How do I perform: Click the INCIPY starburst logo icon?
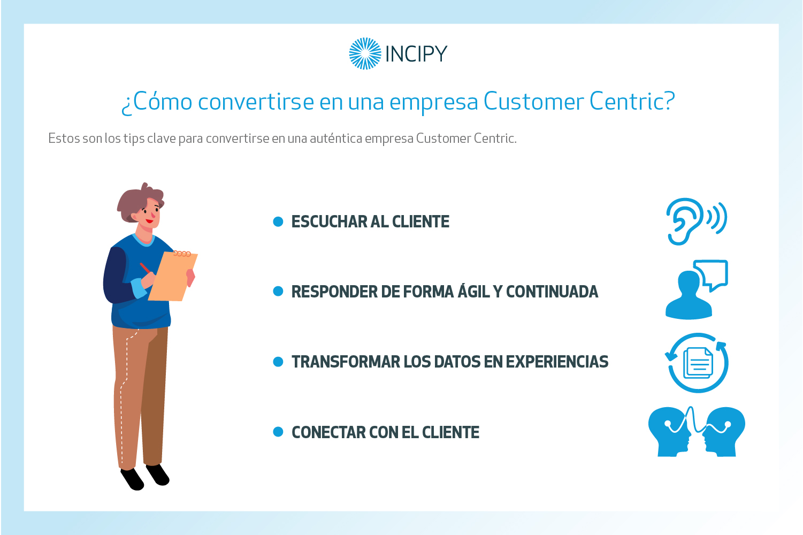(365, 53)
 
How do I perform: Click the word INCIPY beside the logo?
(416, 54)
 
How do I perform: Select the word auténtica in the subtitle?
(336, 138)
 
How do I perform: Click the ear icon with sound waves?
(697, 221)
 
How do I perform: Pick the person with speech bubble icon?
(697, 290)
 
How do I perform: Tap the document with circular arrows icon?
(697, 363)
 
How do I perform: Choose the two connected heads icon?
(697, 432)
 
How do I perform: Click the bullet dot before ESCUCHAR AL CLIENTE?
(278, 221)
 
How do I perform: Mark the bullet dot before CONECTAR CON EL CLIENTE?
(278, 432)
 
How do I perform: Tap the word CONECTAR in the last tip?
(328, 432)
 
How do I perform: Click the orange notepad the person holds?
(173, 277)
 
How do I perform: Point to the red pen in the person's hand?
(145, 268)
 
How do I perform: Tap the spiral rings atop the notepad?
(182, 254)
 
